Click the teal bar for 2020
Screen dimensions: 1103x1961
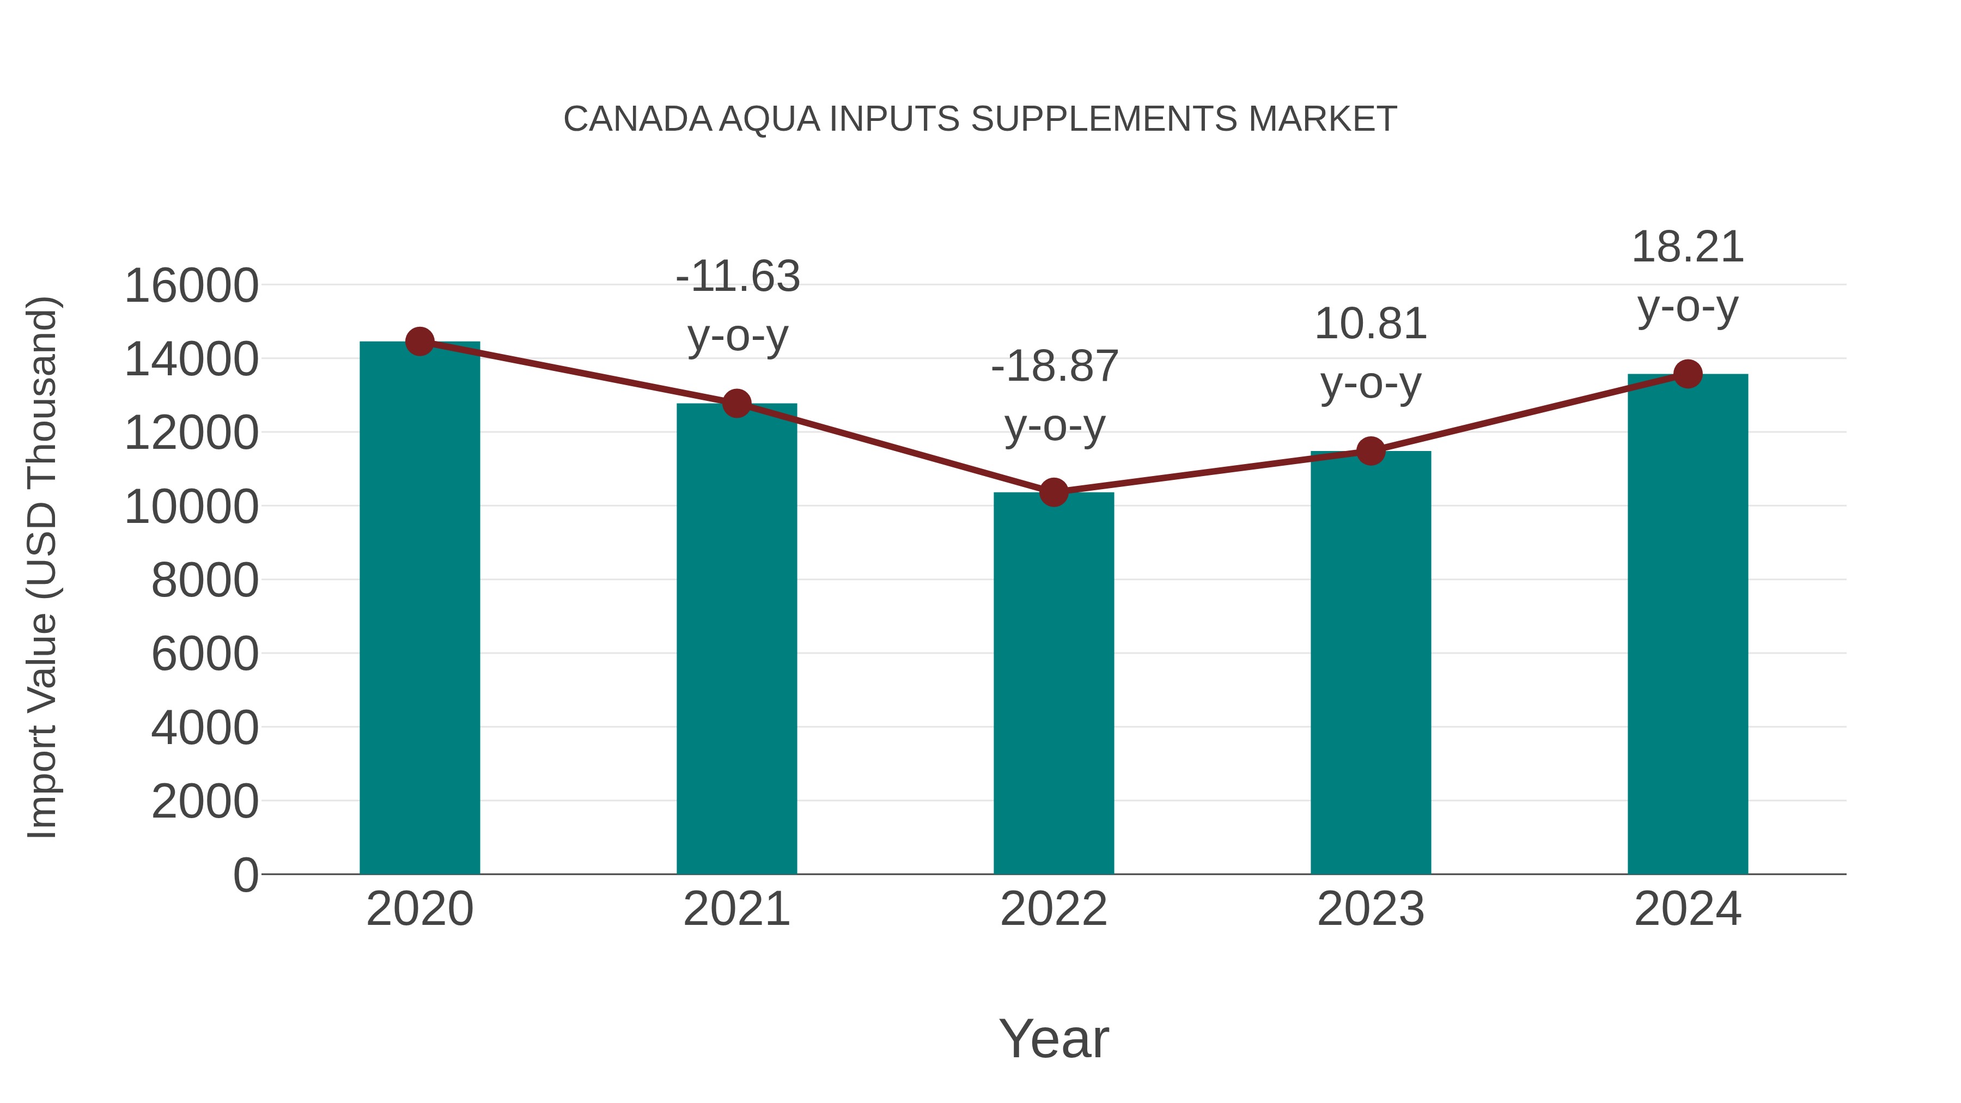419,609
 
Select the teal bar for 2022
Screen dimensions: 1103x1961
1053,685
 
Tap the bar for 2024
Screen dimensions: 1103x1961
1688,624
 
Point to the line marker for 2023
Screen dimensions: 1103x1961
1371,452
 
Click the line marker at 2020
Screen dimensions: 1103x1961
419,342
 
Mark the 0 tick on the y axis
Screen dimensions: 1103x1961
245,875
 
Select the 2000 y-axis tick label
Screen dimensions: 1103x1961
205,802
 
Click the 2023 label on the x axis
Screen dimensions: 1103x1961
1371,910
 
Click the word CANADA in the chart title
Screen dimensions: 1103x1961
638,119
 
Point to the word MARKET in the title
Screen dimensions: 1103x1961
1322,119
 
